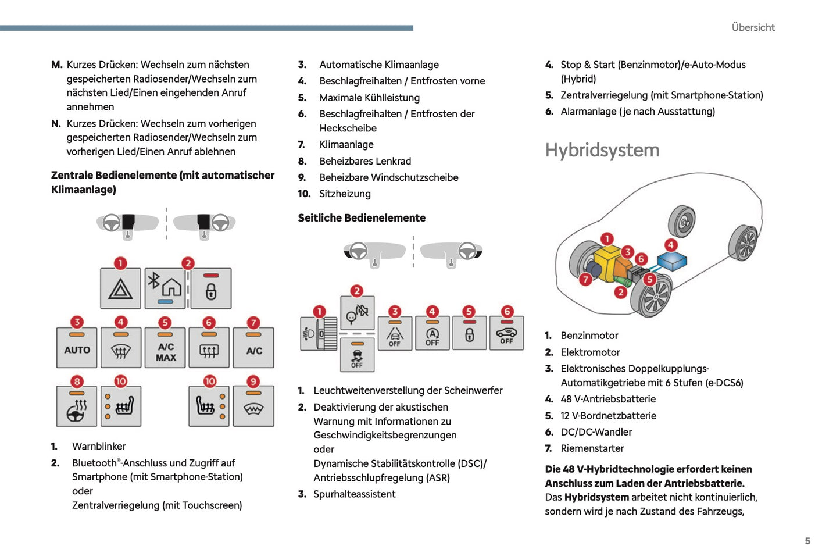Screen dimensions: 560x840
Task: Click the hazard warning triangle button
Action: click(120, 288)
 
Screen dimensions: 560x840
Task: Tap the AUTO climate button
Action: click(77, 348)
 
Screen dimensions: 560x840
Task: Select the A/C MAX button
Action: click(166, 348)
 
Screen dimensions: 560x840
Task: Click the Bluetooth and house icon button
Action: click(166, 288)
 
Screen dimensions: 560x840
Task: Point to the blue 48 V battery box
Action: click(671, 261)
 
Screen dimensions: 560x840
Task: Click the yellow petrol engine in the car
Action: click(608, 260)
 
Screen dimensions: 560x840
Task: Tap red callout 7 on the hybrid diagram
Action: click(585, 280)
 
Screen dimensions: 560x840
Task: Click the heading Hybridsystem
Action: click(602, 151)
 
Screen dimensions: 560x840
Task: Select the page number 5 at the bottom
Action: click(807, 541)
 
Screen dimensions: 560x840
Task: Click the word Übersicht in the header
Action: click(753, 27)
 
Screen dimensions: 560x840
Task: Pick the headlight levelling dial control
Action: click(319, 334)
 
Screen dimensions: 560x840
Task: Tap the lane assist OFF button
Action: click(395, 334)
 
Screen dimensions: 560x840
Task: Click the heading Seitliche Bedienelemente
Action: click(362, 218)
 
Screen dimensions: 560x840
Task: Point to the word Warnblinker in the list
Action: click(99, 447)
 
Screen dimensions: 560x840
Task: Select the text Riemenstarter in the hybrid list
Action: click(592, 448)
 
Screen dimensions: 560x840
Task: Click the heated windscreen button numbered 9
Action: click(253, 406)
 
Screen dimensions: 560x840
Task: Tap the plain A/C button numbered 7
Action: click(254, 348)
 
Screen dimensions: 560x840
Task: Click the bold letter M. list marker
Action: click(56, 65)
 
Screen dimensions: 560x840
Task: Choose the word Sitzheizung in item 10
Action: click(345, 194)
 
